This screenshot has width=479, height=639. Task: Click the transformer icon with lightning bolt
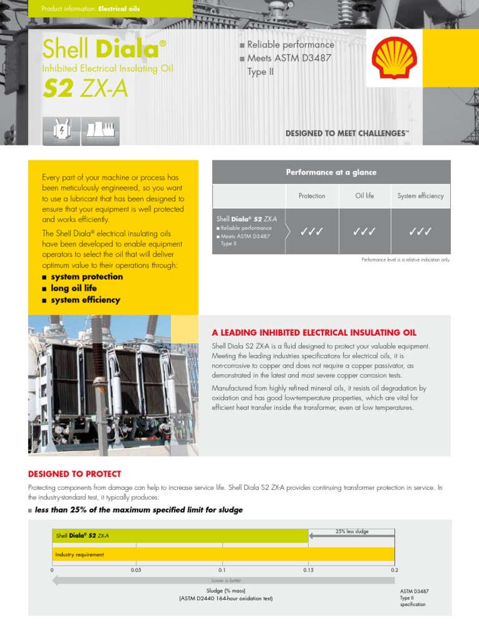(x=61, y=130)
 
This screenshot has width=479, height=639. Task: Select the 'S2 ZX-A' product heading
(x=85, y=89)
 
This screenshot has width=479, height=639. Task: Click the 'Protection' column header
(x=312, y=196)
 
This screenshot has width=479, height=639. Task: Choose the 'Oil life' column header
(x=365, y=196)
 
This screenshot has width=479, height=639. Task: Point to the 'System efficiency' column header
(x=420, y=196)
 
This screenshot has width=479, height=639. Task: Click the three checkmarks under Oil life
(x=364, y=232)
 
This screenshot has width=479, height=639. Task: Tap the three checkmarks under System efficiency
(x=420, y=232)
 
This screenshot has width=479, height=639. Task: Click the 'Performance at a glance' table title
(x=331, y=172)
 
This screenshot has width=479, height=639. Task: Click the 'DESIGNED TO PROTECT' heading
(x=75, y=474)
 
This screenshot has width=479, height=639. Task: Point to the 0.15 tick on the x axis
(x=308, y=570)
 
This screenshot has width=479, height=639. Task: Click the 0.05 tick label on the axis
(x=136, y=570)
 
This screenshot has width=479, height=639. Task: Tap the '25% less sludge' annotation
(x=352, y=532)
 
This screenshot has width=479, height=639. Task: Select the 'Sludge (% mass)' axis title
(x=225, y=590)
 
